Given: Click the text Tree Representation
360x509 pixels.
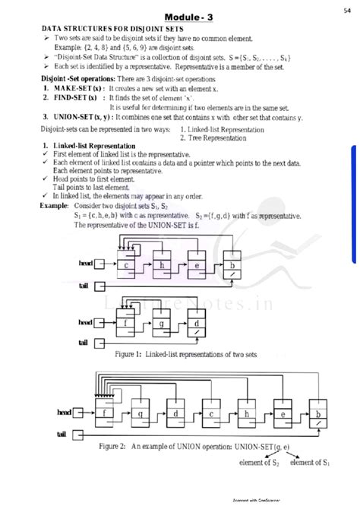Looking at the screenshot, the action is tap(221, 137).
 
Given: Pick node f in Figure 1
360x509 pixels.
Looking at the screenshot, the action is tap(125, 322).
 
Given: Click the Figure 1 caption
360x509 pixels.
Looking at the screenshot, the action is tap(186, 354).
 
